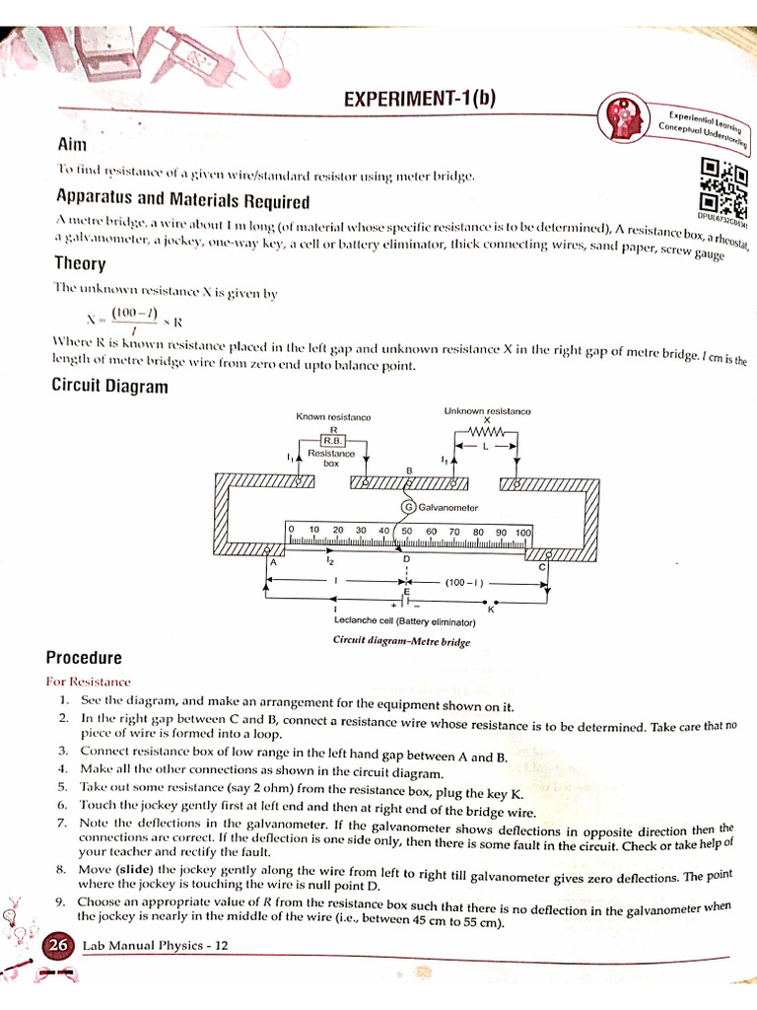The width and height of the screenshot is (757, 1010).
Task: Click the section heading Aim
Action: tap(73, 144)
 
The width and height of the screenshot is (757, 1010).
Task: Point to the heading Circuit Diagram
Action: tap(109, 386)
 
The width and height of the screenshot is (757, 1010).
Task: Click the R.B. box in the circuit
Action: tap(332, 441)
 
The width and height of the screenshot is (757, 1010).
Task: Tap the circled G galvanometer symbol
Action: tap(407, 507)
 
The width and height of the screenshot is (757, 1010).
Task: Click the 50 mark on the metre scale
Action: tap(406, 531)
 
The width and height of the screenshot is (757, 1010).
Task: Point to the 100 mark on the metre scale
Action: tap(522, 532)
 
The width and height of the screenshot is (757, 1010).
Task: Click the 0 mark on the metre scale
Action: tap(292, 530)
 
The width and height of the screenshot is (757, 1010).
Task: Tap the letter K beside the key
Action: tap(490, 610)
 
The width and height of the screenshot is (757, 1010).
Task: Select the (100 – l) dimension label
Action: tap(463, 583)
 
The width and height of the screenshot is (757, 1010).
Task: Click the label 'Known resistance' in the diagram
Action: tap(333, 417)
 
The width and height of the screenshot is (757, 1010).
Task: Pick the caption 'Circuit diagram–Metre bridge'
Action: tap(401, 641)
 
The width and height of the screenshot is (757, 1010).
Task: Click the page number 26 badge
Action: tap(58, 945)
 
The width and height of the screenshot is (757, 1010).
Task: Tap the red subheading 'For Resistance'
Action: tap(88, 682)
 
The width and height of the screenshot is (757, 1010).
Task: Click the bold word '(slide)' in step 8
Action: tap(135, 870)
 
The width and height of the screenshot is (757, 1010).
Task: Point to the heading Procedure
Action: tap(84, 658)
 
